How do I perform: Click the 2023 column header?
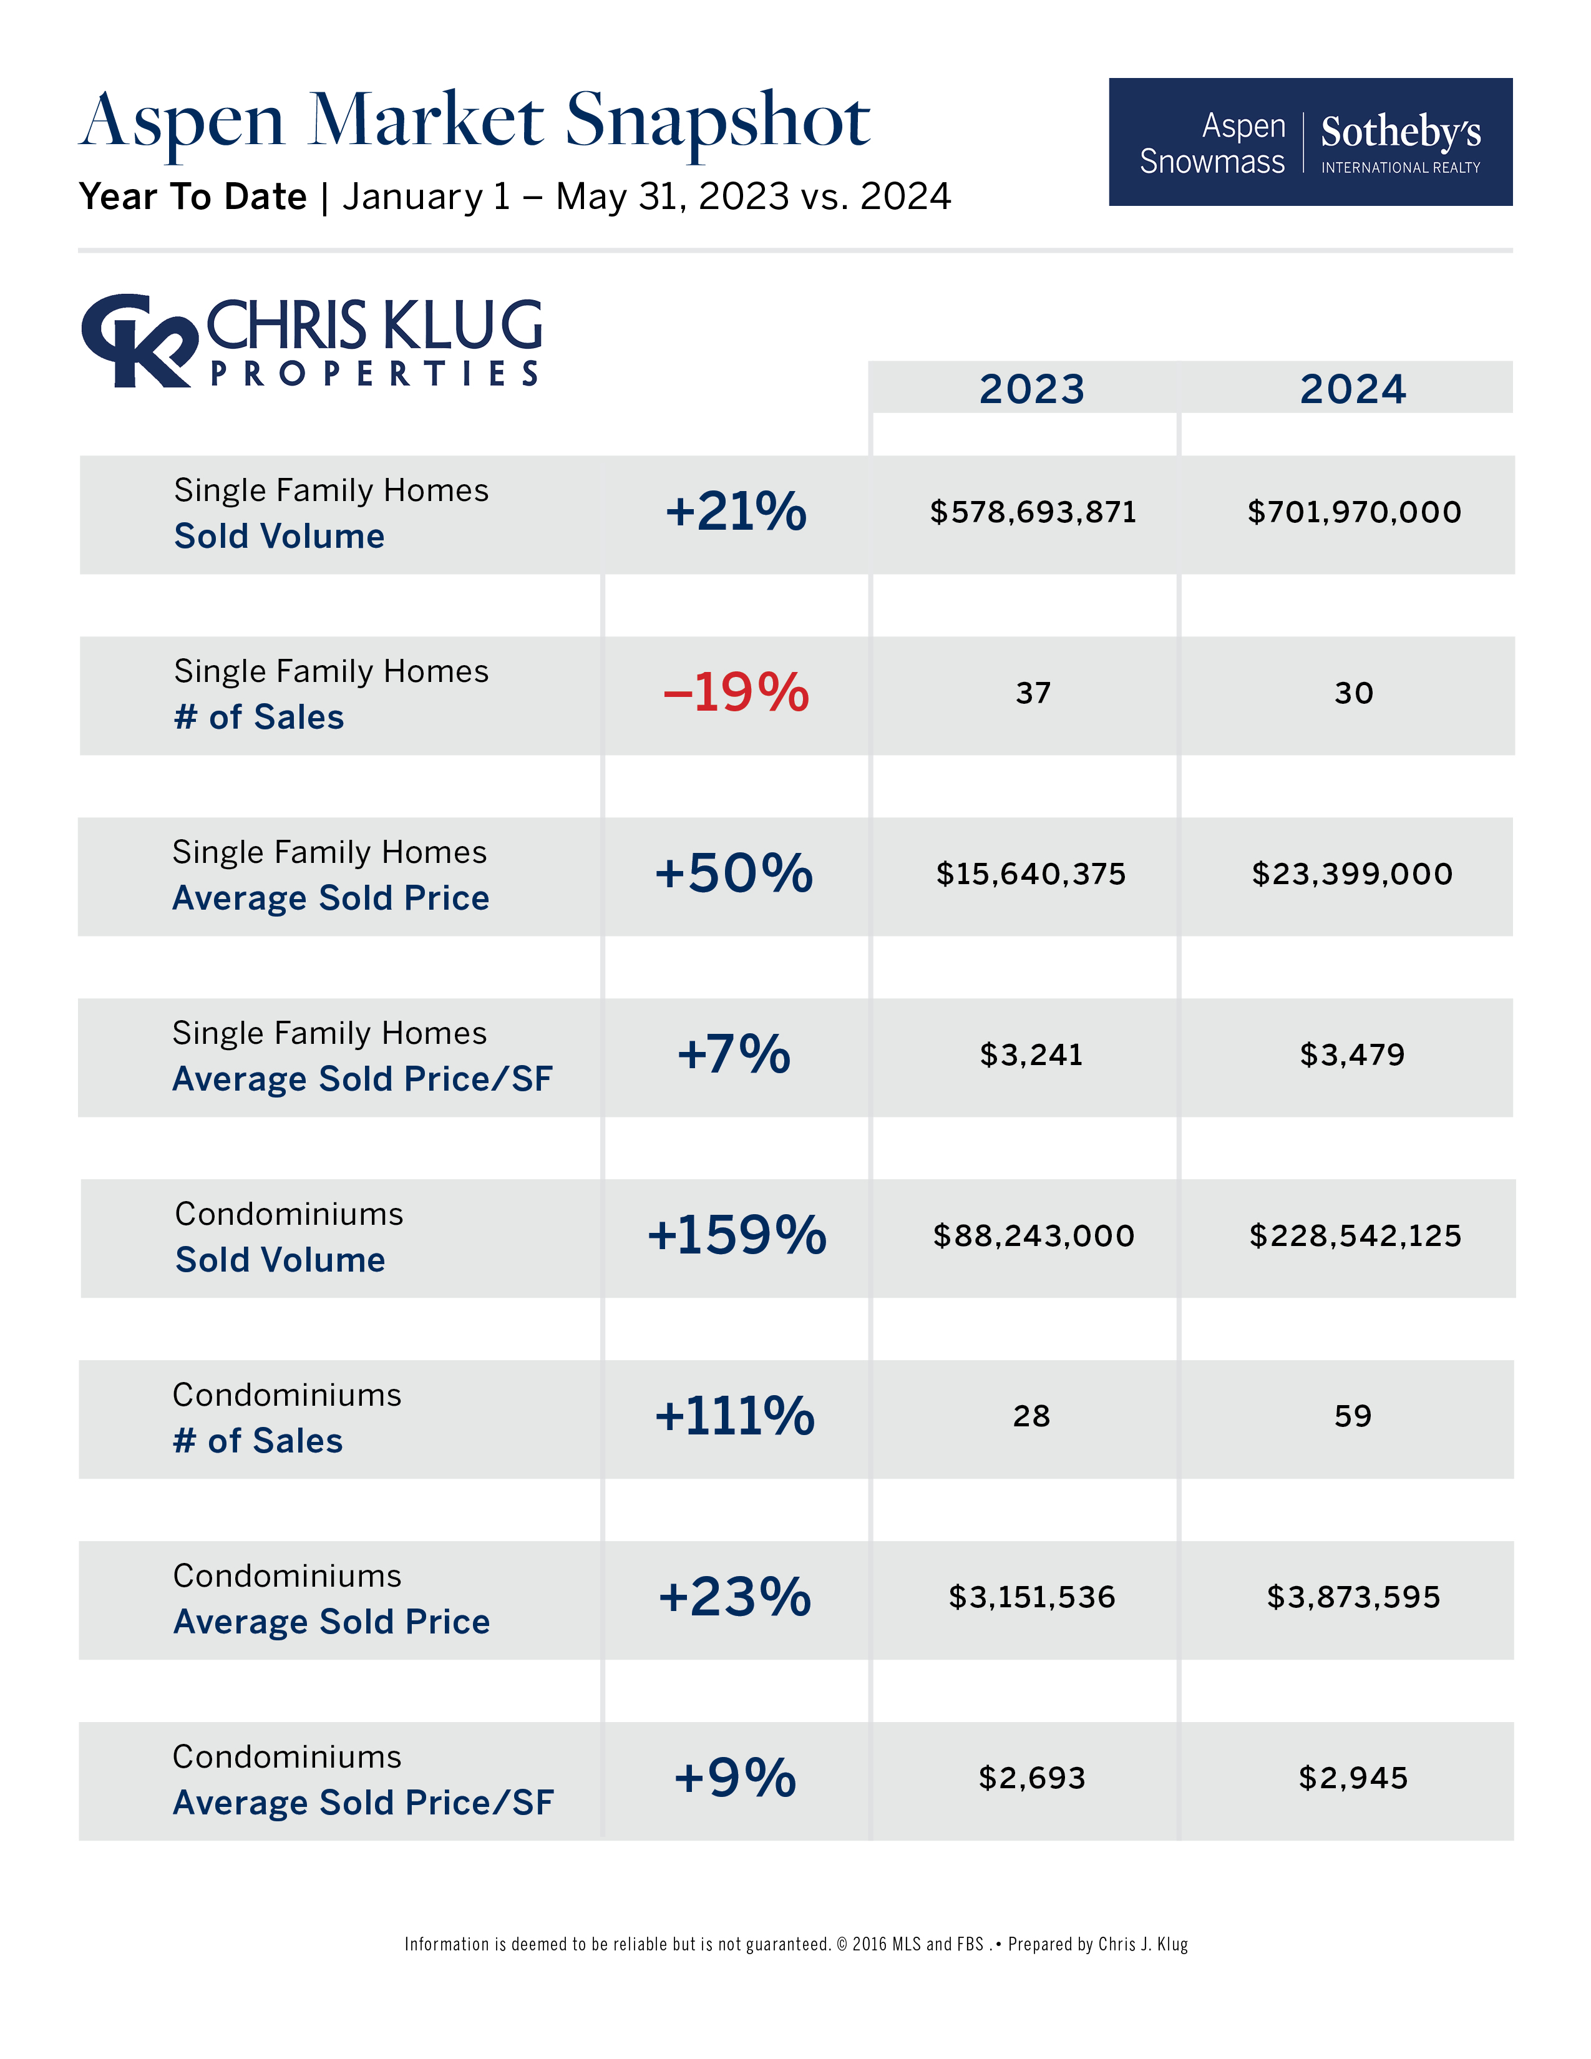tap(1032, 389)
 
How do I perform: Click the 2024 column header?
tap(1353, 389)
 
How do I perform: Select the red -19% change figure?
tap(736, 693)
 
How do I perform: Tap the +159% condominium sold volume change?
tap(736, 1235)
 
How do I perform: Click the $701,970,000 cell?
tap(1353, 512)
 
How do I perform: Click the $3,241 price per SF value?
tap(1031, 1054)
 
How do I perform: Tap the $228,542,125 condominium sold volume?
tap(1355, 1235)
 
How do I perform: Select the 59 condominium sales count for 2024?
tap(1353, 1416)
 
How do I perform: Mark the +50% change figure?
tap(733, 873)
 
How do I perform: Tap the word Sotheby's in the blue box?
tap(1401, 132)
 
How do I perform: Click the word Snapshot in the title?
tap(718, 122)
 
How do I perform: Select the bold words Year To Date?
tap(193, 197)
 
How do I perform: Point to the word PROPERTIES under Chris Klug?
tap(375, 373)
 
